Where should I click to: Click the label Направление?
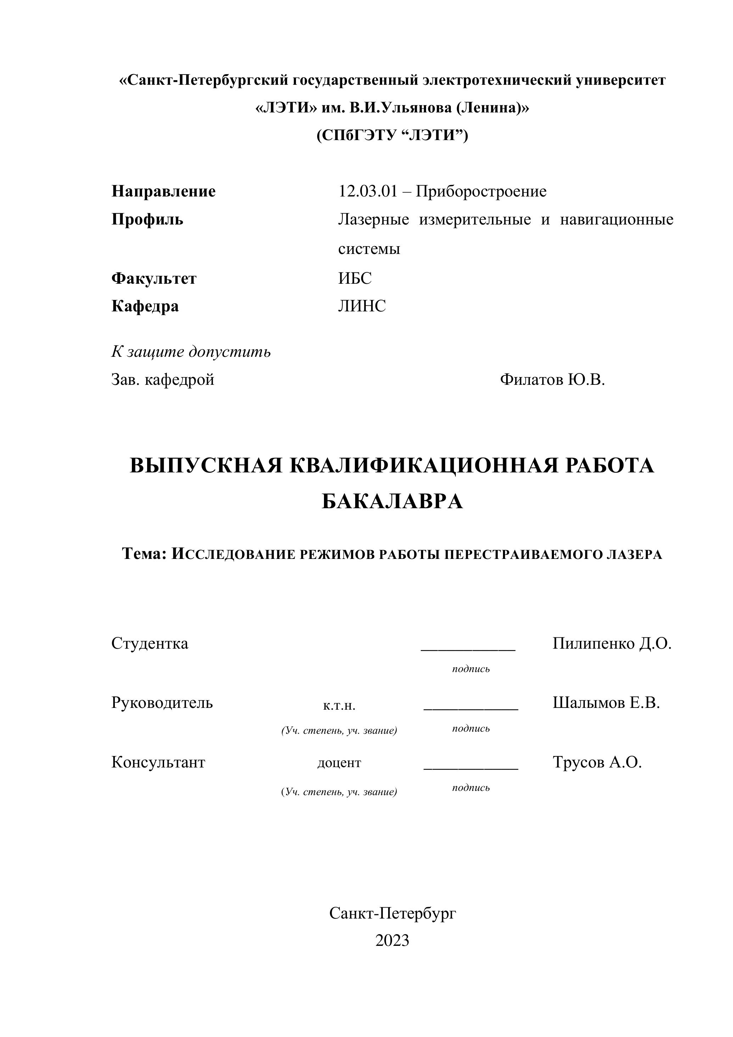tap(163, 192)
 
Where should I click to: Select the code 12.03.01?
tap(368, 192)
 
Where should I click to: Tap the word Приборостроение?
tap(481, 192)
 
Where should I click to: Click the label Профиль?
tap(147, 220)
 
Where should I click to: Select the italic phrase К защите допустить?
tap(191, 351)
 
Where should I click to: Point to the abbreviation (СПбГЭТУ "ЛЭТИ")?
tap(392, 135)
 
